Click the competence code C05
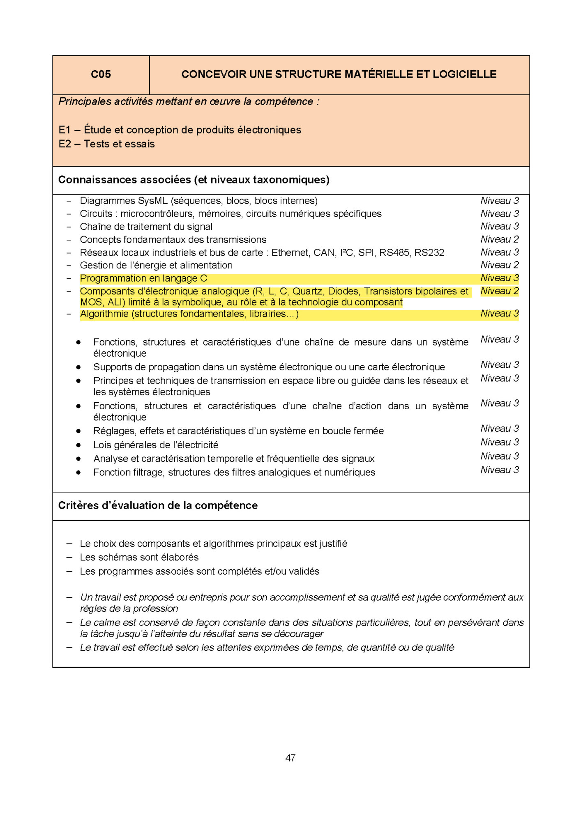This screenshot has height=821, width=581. click(101, 74)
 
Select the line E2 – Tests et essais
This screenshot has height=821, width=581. click(106, 144)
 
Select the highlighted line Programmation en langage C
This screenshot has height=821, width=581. click(143, 278)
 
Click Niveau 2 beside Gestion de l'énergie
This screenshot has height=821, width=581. click(499, 265)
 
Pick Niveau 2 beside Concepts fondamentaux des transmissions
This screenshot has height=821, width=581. click(499, 239)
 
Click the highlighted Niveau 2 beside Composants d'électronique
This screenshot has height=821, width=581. click(499, 291)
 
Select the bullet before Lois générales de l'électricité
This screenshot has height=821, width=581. click(78, 445)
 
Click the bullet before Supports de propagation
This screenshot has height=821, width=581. click(78, 367)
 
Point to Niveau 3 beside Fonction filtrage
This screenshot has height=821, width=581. click(499, 470)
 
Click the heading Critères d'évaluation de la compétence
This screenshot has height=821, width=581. click(158, 505)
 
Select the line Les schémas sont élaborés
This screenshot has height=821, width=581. click(139, 557)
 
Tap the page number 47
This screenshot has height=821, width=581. click(290, 758)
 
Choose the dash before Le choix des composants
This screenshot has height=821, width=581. click(69, 544)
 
